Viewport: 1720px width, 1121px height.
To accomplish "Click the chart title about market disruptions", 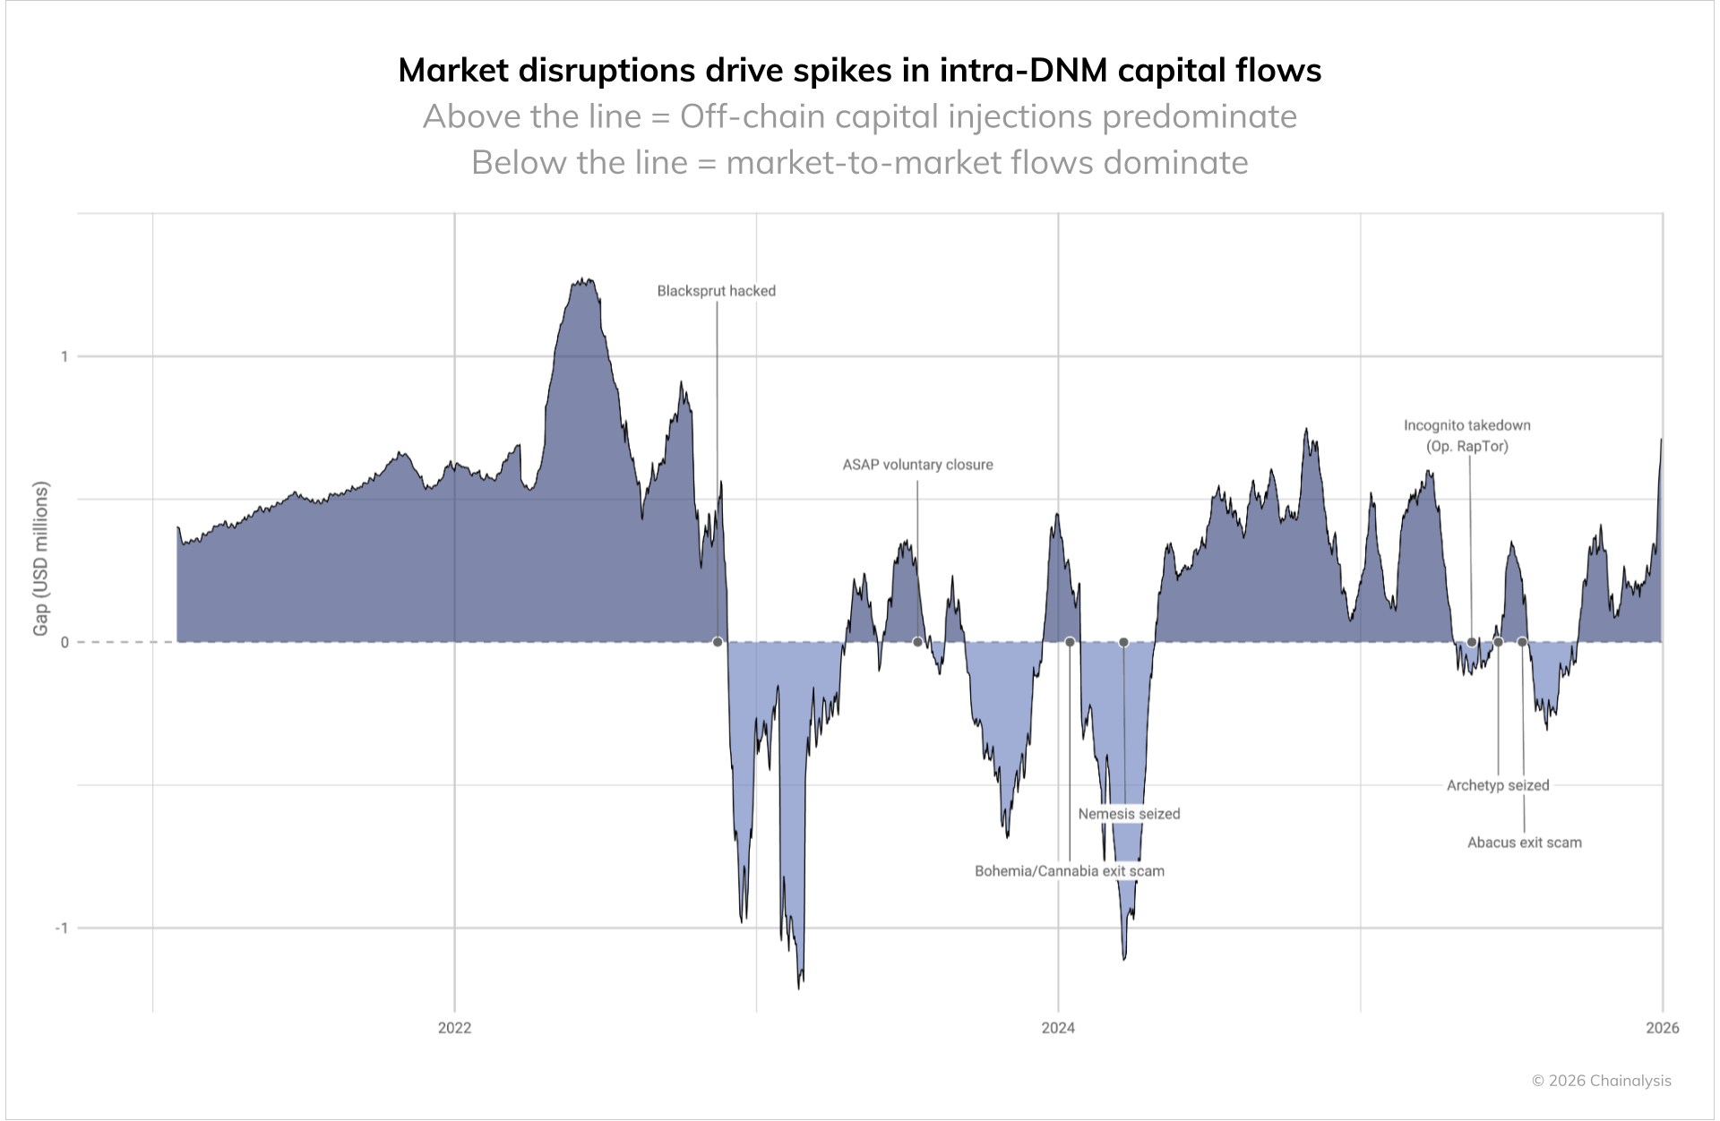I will tap(859, 71).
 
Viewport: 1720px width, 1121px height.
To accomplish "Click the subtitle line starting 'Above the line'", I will tap(859, 116).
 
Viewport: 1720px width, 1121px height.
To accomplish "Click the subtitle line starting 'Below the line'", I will tap(859, 163).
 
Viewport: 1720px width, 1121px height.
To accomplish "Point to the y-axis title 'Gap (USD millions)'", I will tap(40, 559).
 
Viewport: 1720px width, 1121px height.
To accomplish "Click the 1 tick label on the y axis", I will tap(64, 356).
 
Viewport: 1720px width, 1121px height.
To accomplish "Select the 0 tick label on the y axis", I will tap(64, 642).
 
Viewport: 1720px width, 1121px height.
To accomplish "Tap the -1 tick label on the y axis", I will tap(61, 928).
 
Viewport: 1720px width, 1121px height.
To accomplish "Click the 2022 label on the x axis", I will tap(454, 1028).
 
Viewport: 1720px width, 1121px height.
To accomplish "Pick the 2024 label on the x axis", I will tap(1058, 1028).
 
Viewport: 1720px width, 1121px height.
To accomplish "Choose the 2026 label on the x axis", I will tap(1662, 1028).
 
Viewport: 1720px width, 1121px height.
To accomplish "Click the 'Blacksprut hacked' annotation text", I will tap(716, 291).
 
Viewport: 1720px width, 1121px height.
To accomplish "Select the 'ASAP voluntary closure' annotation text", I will tap(917, 465).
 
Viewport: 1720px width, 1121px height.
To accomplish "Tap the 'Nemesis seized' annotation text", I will tap(1129, 814).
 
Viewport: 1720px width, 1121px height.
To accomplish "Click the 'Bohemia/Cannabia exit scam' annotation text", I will tap(1070, 871).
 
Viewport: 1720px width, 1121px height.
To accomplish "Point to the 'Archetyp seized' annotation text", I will tap(1498, 785).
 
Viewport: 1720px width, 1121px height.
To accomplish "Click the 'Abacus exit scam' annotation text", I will tap(1524, 843).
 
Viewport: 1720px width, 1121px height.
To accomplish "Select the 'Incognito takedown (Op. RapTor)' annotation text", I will tap(1467, 436).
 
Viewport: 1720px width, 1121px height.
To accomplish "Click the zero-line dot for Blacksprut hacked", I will tap(718, 642).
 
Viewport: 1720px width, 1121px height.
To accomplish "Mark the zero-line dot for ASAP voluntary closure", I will tap(917, 642).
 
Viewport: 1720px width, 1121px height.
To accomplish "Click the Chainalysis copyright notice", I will tap(1601, 1081).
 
